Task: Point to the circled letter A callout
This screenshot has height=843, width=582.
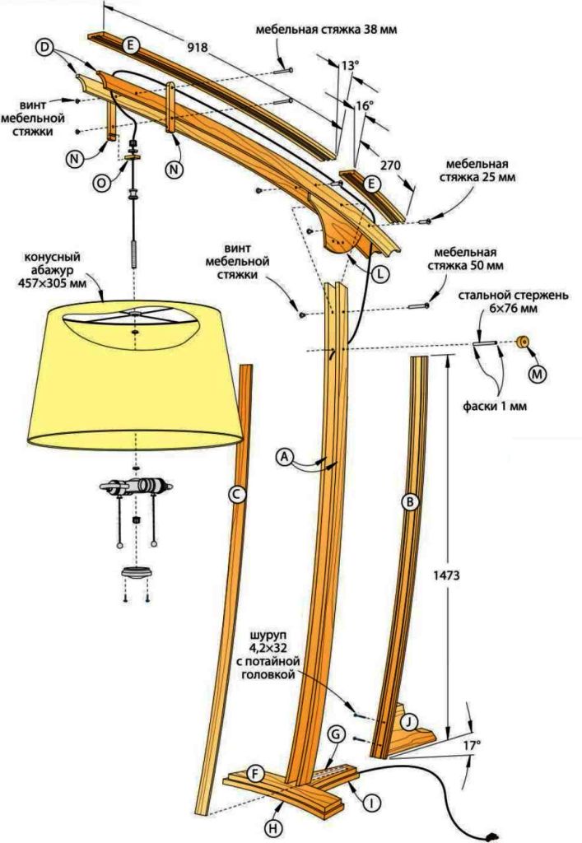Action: [x=284, y=455]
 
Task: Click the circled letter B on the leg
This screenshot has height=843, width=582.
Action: [x=407, y=501]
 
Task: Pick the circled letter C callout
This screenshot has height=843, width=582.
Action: [x=235, y=494]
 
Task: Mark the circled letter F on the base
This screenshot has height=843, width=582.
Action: [x=256, y=774]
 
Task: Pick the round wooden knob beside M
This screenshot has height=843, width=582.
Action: [x=521, y=341]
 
